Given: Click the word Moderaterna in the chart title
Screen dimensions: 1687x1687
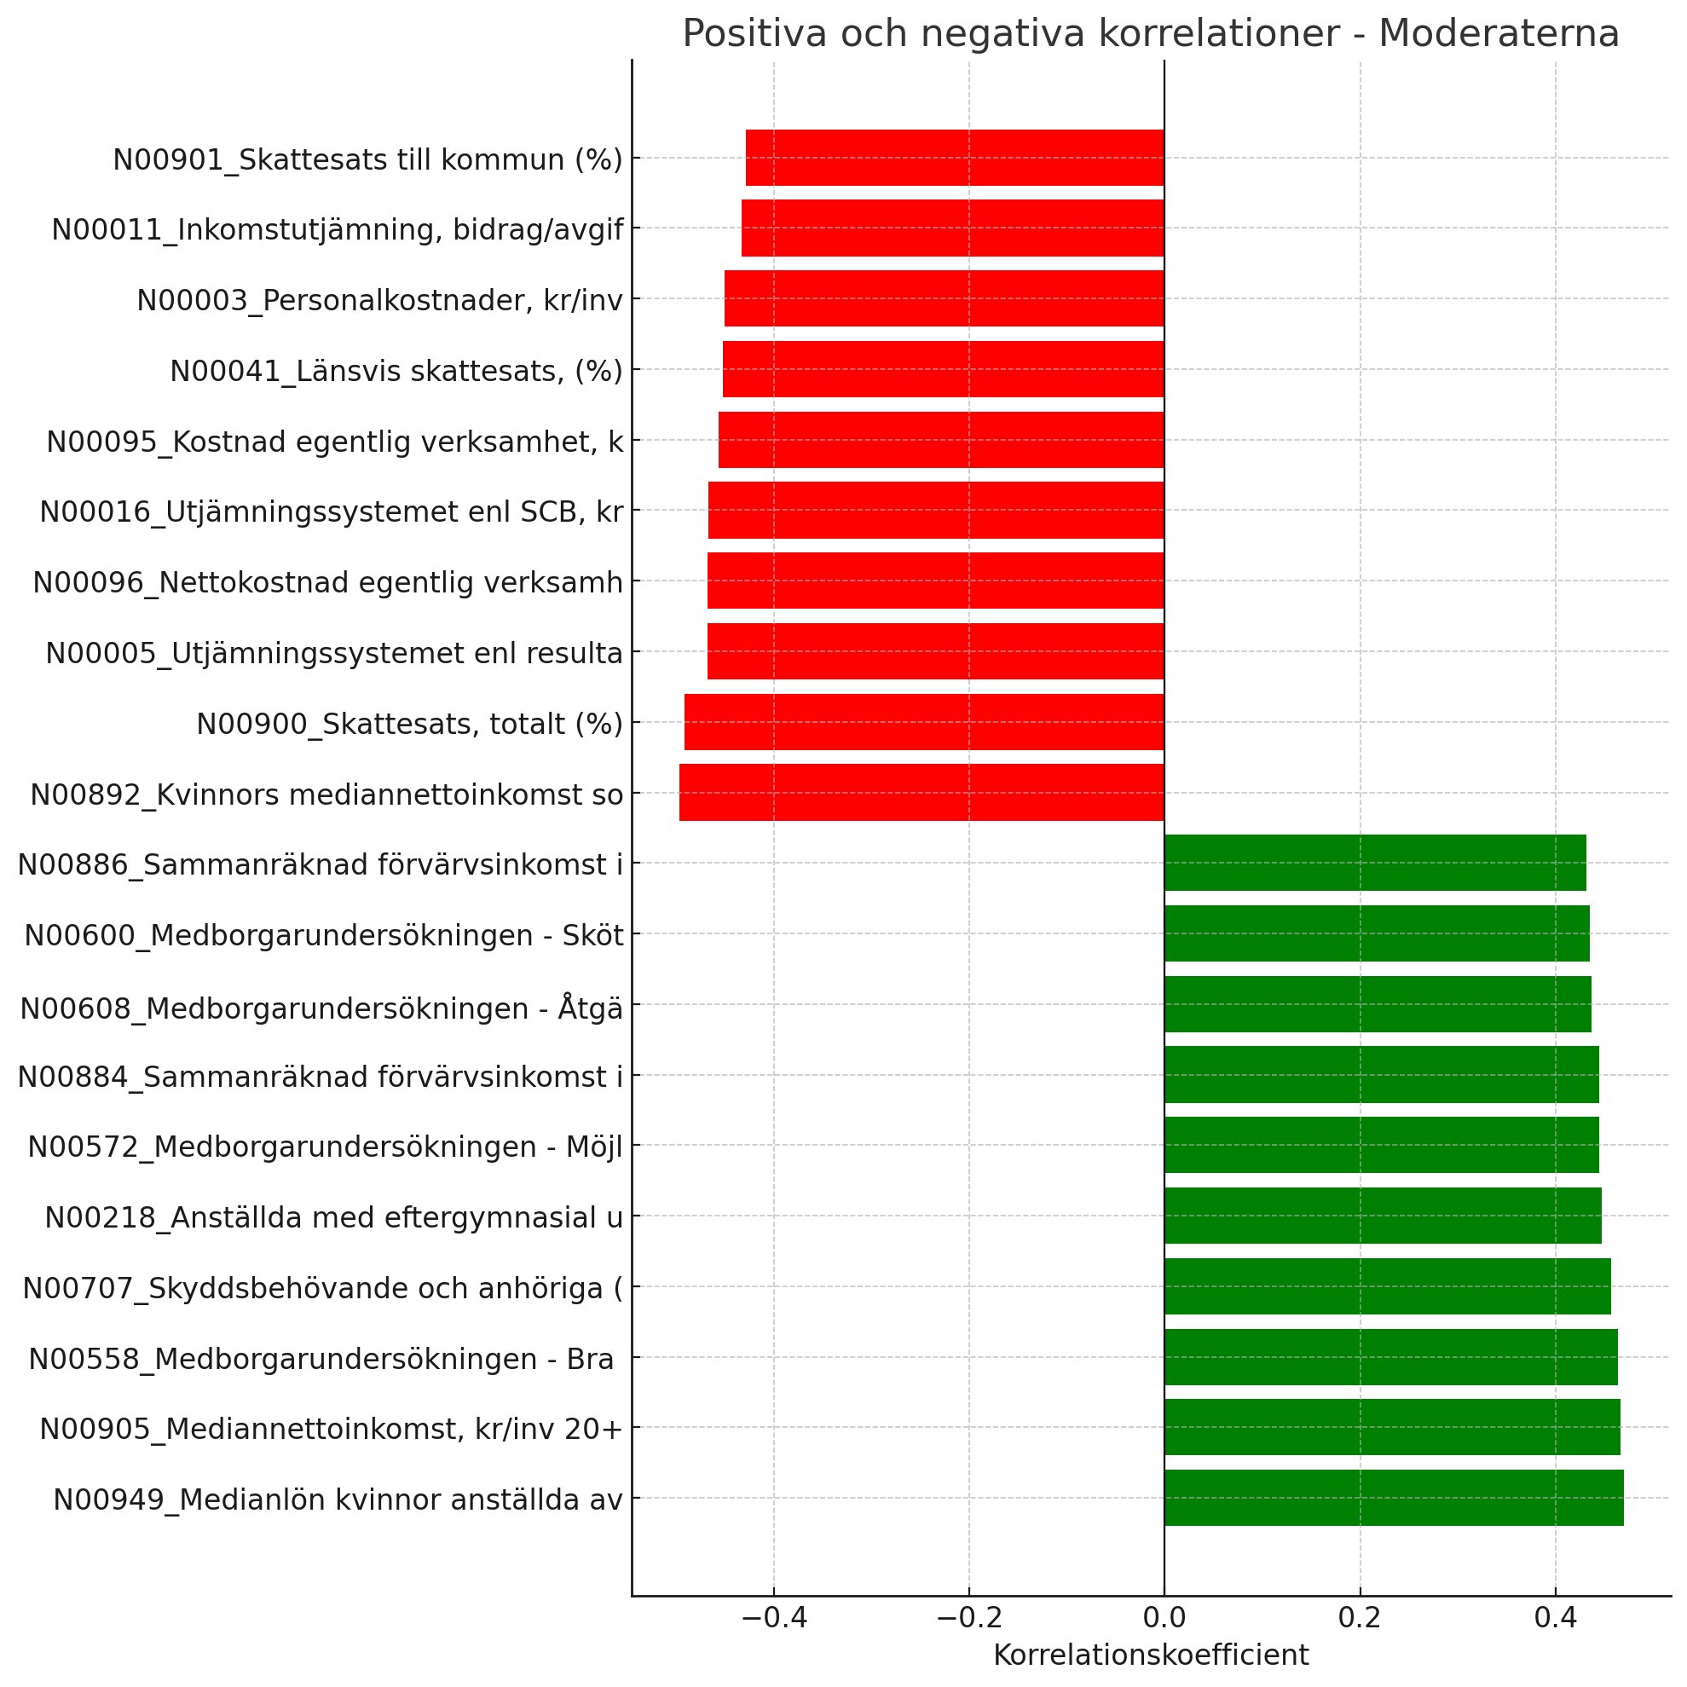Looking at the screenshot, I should tap(1498, 35).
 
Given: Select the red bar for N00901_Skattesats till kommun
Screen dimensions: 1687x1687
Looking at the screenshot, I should tap(955, 158).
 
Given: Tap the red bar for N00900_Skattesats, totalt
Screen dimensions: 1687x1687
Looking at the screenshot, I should tap(924, 722).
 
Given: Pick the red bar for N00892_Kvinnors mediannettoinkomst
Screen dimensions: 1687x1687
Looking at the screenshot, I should tap(921, 793).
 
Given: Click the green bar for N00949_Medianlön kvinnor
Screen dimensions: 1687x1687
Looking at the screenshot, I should tap(1394, 1499).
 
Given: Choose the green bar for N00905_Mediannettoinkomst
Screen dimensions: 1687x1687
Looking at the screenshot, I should tap(1392, 1428).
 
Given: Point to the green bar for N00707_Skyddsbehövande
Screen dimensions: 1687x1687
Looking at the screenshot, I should tap(1388, 1286).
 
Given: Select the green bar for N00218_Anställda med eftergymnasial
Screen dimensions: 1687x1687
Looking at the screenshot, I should tap(1384, 1216).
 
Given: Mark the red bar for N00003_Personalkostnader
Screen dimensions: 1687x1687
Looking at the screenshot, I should tap(944, 298).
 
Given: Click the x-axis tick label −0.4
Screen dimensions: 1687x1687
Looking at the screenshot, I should tap(773, 1618).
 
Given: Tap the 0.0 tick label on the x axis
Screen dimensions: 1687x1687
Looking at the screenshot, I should tap(1164, 1618).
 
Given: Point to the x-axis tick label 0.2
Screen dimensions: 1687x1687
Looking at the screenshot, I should tap(1360, 1618).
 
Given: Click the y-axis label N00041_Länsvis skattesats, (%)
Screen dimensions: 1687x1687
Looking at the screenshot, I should tap(396, 371).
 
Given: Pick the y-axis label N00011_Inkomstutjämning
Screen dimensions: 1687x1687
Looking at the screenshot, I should tap(337, 229).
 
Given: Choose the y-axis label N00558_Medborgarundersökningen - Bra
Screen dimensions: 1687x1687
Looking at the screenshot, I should tap(321, 1359).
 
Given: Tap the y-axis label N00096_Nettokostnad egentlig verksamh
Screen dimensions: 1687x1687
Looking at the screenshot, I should tap(328, 582).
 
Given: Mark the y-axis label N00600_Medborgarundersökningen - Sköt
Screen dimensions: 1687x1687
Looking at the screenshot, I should tap(324, 935).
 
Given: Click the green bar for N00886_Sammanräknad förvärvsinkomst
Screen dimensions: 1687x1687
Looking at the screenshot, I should tap(1375, 863).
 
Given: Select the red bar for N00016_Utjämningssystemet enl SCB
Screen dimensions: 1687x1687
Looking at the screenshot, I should tap(936, 510).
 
